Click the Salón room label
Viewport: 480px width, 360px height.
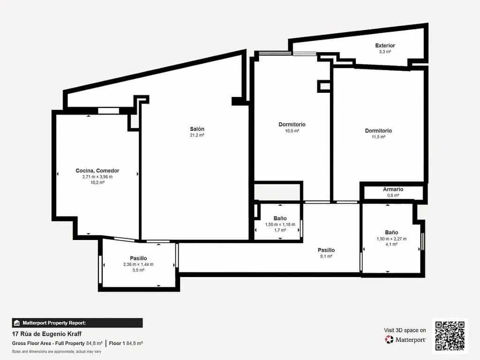click(197, 129)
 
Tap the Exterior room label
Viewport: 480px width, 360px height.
click(385, 45)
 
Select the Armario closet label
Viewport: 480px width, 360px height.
click(393, 189)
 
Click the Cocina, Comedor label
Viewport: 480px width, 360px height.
click(97, 171)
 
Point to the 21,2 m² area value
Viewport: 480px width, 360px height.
click(197, 135)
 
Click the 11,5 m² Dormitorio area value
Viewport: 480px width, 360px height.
click(378, 137)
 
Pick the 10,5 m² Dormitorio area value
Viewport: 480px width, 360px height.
click(292, 131)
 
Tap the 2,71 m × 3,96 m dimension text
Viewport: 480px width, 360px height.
click(97, 177)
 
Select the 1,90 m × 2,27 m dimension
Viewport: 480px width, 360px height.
click(391, 239)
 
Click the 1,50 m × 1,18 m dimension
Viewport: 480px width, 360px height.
click(280, 225)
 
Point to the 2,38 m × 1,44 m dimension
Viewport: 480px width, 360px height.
click(138, 264)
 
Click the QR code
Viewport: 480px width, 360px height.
click(450, 336)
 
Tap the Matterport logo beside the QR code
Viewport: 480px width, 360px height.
click(406, 339)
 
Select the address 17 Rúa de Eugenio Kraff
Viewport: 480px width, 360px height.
click(46, 334)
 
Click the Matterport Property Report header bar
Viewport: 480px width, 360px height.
click(77, 323)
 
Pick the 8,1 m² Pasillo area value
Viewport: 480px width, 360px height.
click(326, 256)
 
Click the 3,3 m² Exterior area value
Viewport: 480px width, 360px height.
click(385, 52)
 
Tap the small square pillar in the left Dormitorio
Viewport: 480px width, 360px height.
click(323, 86)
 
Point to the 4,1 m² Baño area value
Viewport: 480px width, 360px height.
click(391, 244)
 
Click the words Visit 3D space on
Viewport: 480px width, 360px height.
click(405, 330)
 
